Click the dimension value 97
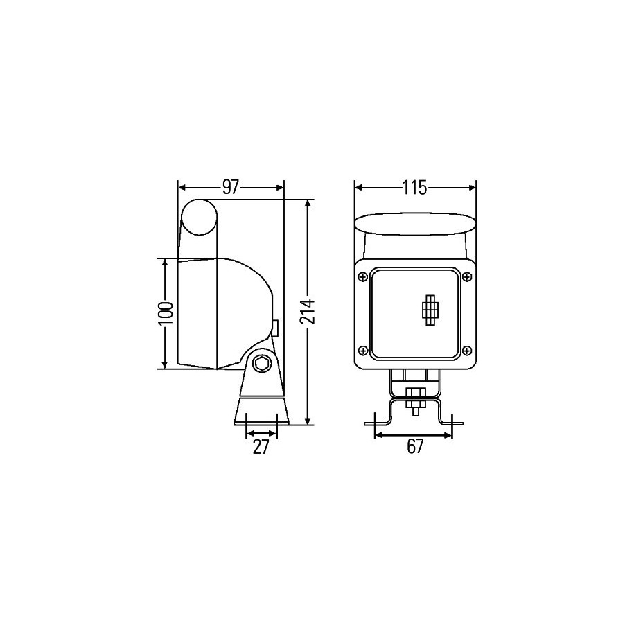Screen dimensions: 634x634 (x=231, y=188)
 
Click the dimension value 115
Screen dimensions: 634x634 (x=415, y=188)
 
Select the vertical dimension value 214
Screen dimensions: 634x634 (x=308, y=312)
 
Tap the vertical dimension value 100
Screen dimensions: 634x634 (x=166, y=313)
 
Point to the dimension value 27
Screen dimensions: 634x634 (x=261, y=446)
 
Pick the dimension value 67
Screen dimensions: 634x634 (x=415, y=446)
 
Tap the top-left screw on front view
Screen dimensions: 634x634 (x=362, y=277)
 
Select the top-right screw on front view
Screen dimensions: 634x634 (x=467, y=277)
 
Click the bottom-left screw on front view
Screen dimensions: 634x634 (x=362, y=350)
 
